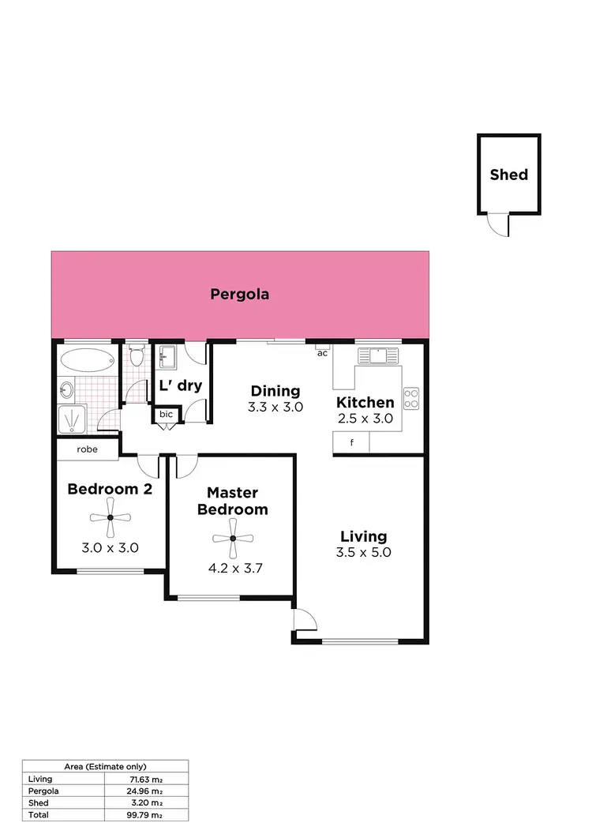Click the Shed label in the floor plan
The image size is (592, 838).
pyautogui.click(x=508, y=175)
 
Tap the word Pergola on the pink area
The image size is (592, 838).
pyautogui.click(x=240, y=295)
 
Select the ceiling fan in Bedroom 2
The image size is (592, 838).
pyautogui.click(x=110, y=518)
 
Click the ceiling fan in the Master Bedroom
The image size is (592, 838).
pyautogui.click(x=233, y=538)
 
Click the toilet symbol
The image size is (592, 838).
pyautogui.click(x=137, y=357)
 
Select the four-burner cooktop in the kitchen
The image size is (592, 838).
pyautogui.click(x=411, y=398)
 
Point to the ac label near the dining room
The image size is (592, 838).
pyautogui.click(x=322, y=353)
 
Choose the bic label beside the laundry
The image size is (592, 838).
pyautogui.click(x=167, y=414)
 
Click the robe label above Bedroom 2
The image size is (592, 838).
pyautogui.click(x=87, y=449)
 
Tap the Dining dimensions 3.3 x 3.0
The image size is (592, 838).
pyautogui.click(x=276, y=408)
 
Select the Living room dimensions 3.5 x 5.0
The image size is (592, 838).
pyautogui.click(x=363, y=553)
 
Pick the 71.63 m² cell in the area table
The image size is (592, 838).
pyautogui.click(x=146, y=779)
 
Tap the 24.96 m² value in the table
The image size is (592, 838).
pyautogui.click(x=146, y=791)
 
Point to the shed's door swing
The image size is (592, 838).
pyautogui.click(x=497, y=226)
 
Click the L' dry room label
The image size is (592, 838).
pyautogui.click(x=181, y=386)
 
